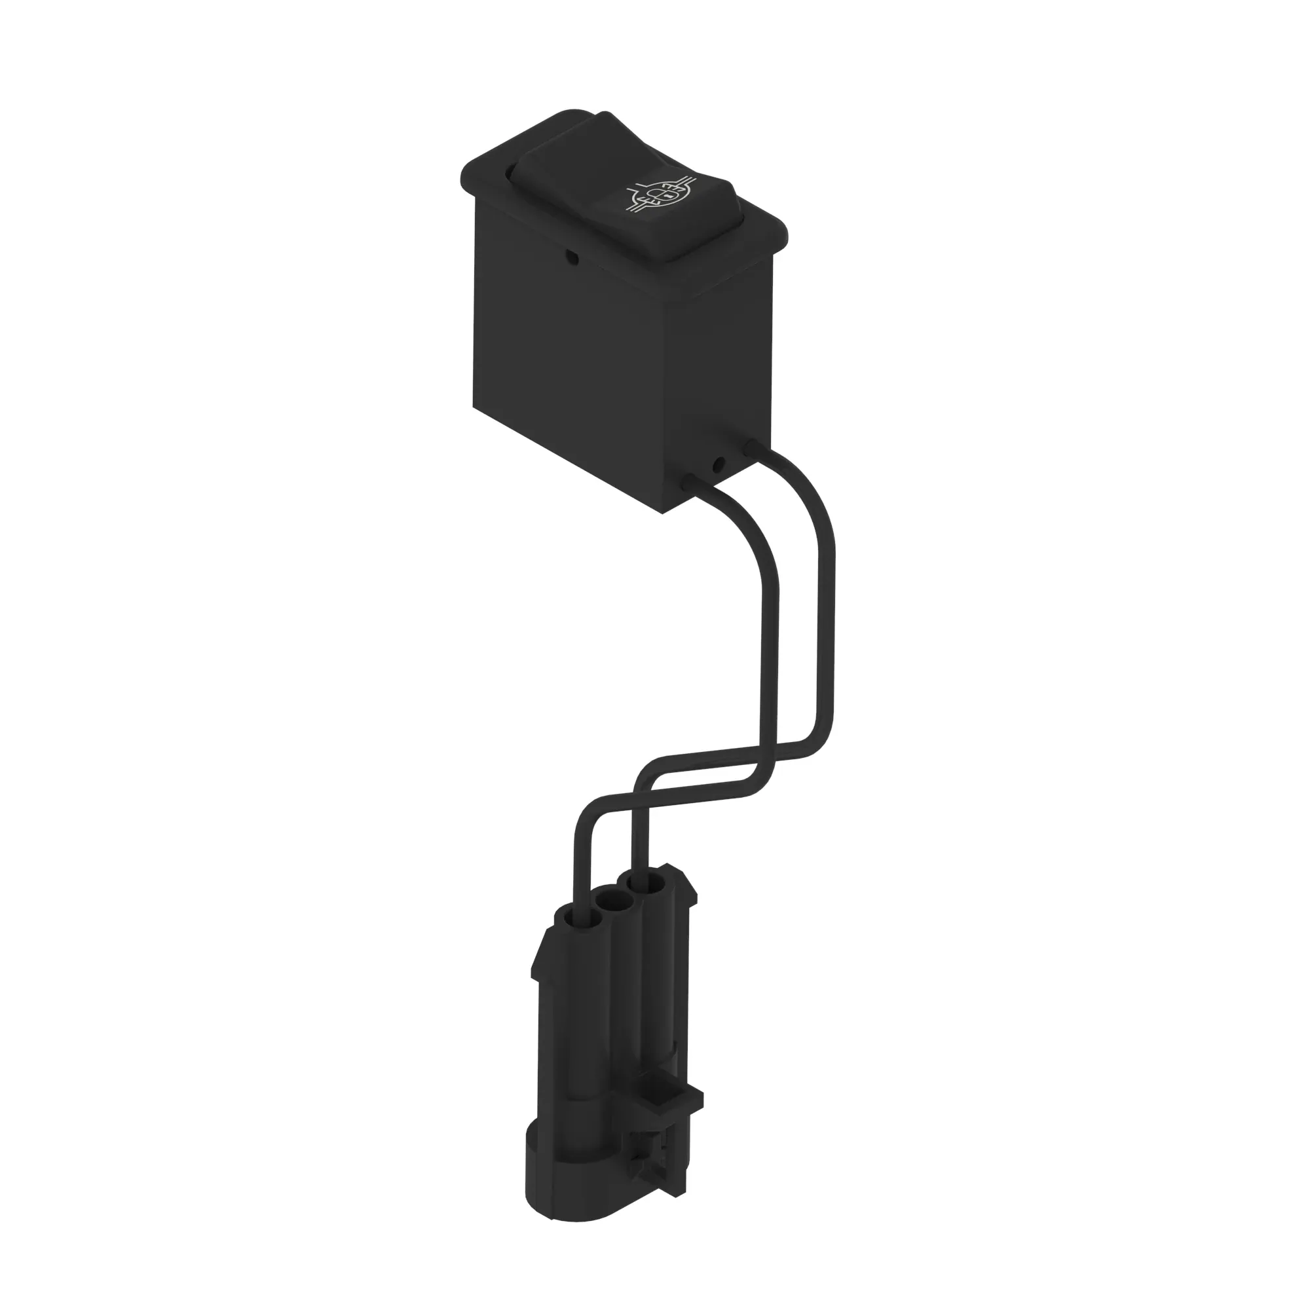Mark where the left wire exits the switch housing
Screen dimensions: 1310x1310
coord(689,482)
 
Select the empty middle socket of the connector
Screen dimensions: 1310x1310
coord(614,904)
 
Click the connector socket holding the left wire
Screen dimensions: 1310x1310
coord(574,920)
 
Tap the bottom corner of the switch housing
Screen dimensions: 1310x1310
coord(662,512)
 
